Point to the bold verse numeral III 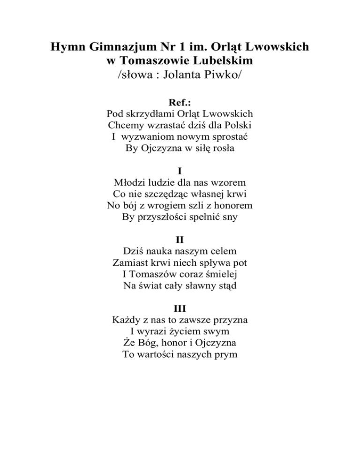click(180, 308)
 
